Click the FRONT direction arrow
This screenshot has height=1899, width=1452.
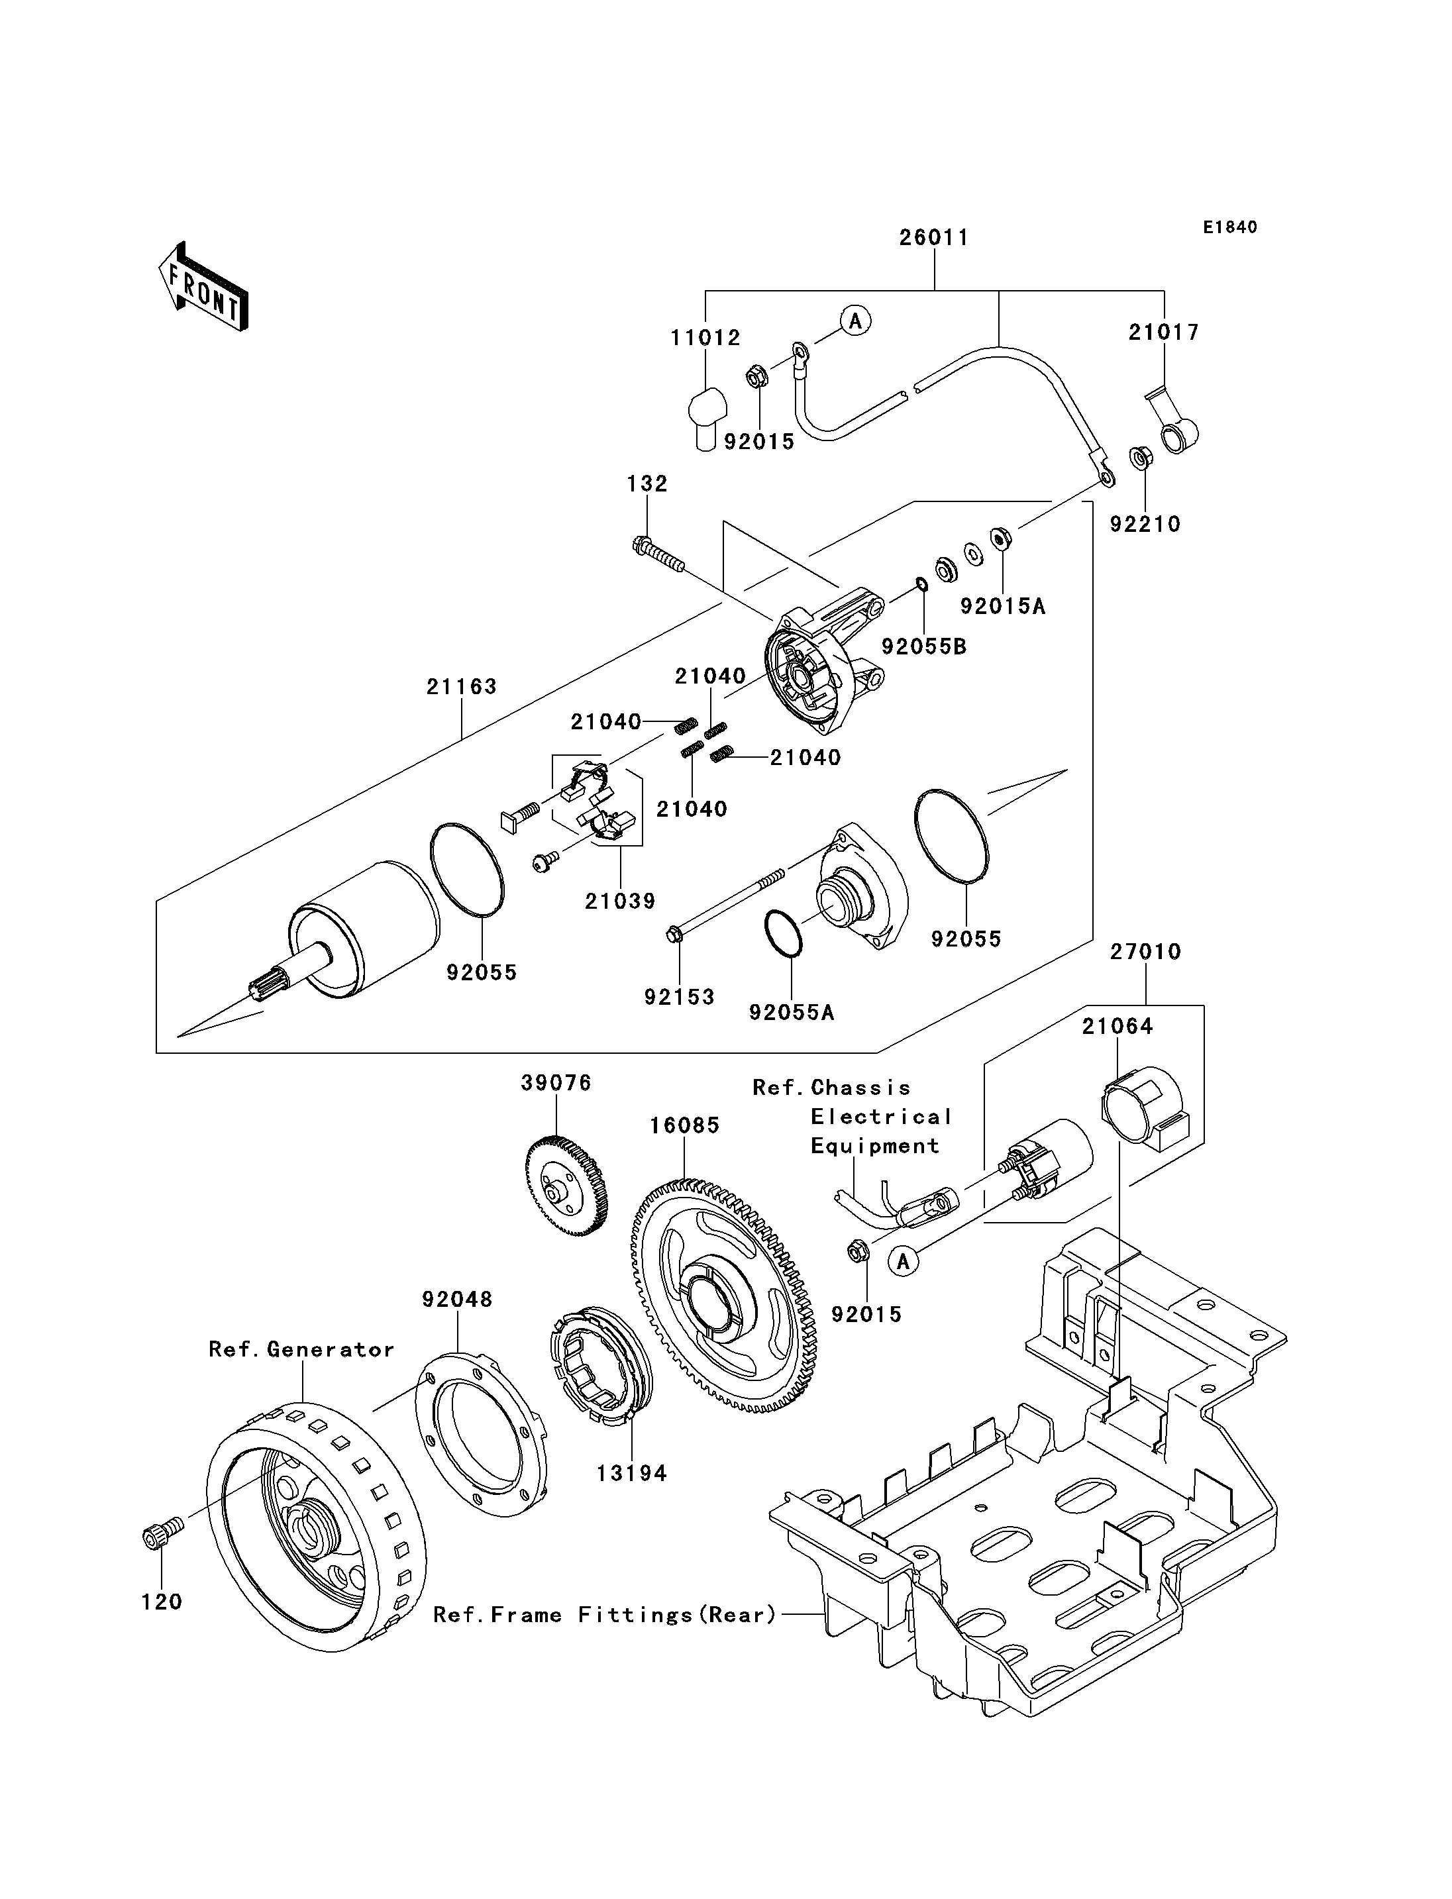tap(204, 286)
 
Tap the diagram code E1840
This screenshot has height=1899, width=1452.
tap(1230, 227)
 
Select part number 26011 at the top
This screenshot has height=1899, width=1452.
tap(933, 237)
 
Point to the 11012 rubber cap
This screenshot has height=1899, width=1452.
tap(706, 416)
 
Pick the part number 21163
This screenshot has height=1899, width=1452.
tap(462, 687)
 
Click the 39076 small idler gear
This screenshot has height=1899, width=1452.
tap(566, 1186)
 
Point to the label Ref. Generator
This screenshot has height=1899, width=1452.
tap(301, 1349)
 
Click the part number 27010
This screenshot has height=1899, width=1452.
tap(1145, 952)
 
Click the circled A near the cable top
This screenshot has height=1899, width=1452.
tap(856, 321)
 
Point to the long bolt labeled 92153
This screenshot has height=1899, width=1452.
tap(726, 904)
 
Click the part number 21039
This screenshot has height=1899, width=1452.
tap(620, 901)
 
